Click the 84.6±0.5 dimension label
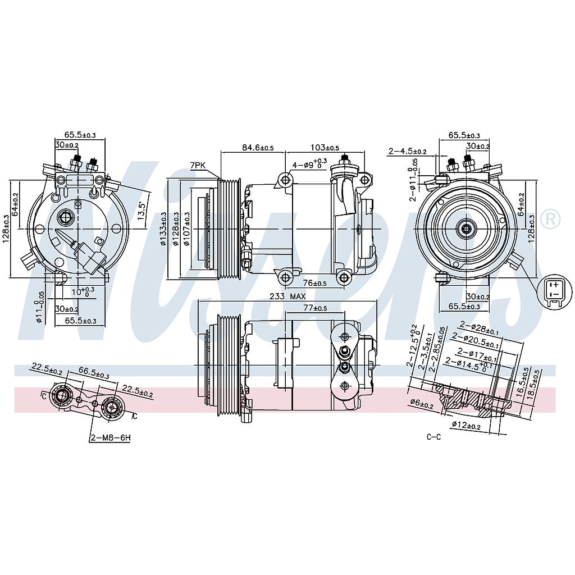click(257, 148)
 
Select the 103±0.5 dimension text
click(325, 148)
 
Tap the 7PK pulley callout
click(198, 165)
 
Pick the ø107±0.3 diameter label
click(186, 229)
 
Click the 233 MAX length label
click(287, 296)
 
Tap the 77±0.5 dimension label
click(315, 308)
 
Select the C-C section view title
click(434, 437)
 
